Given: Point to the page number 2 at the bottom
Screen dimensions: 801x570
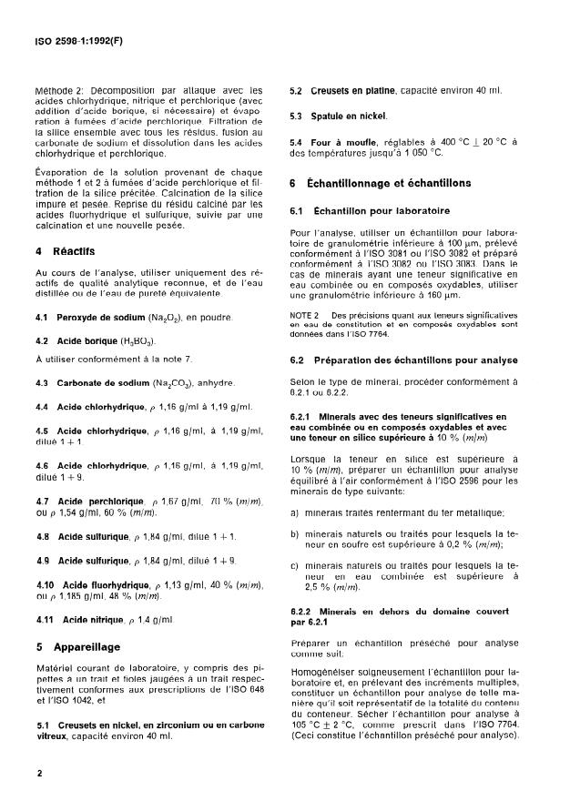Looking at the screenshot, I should point(40,774).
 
